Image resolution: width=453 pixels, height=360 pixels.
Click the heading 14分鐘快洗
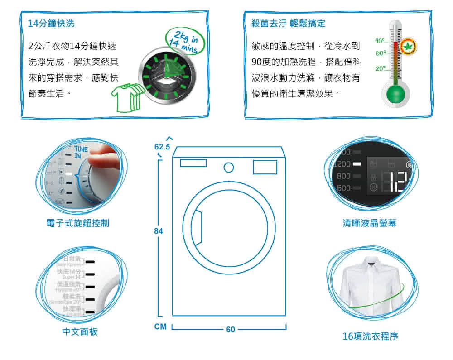[x=51, y=24]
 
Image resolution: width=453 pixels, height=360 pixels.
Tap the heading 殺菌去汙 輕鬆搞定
[x=289, y=24]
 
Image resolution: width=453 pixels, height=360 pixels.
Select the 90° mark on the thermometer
[x=381, y=42]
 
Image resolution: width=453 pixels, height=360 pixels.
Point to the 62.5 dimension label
[x=162, y=147]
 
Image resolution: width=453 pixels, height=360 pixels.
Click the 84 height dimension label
[x=158, y=231]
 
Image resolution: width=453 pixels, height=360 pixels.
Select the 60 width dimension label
[x=231, y=330]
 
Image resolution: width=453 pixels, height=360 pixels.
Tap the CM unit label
[x=160, y=326]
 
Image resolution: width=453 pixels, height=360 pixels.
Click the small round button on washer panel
[x=229, y=168]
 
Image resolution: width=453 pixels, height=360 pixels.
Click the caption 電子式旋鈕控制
[x=78, y=223]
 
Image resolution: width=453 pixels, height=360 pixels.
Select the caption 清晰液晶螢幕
[x=370, y=223]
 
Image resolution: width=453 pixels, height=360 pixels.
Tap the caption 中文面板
[x=80, y=332]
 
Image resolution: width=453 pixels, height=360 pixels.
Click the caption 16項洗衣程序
[x=371, y=336]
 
